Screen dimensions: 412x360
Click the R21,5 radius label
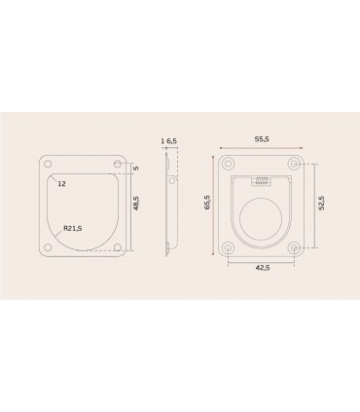71,228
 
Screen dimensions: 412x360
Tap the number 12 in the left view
62,182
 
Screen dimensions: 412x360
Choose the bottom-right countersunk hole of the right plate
297,248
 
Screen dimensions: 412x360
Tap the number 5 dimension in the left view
136,167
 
